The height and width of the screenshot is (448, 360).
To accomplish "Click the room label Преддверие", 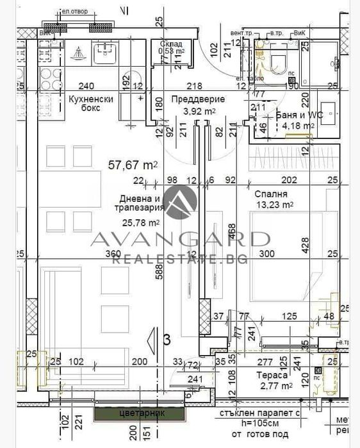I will click(199, 99).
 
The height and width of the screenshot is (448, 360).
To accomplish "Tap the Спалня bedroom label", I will click(270, 194).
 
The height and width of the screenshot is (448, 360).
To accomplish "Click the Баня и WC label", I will click(295, 115).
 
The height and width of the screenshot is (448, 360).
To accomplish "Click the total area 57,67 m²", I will click(133, 165).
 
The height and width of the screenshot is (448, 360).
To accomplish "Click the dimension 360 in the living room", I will click(113, 254).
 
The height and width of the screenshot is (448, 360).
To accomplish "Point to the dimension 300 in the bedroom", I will click(266, 254).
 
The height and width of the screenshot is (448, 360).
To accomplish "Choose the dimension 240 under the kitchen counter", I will click(85, 86).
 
